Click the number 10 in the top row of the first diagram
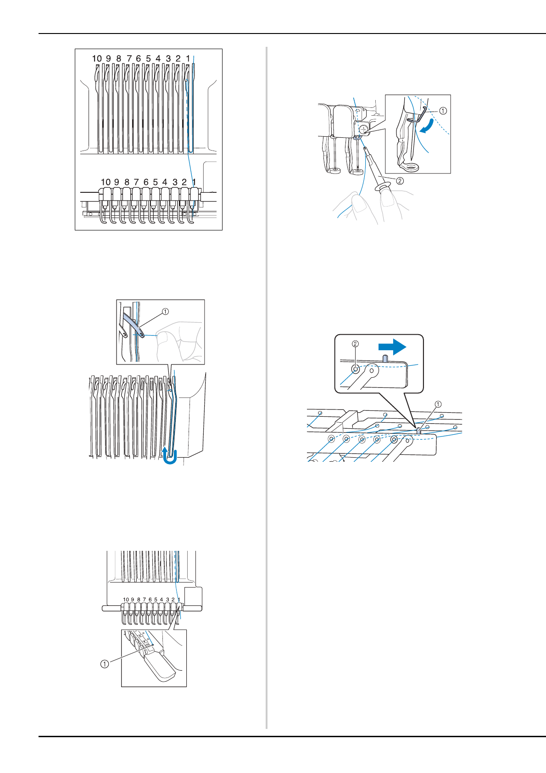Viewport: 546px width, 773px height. pyautogui.click(x=97, y=59)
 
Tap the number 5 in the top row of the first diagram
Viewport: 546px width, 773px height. pyautogui.click(x=148, y=59)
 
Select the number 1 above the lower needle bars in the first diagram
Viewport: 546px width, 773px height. pyautogui.click(x=194, y=182)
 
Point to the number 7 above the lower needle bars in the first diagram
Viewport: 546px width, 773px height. pyautogui.click(x=136, y=182)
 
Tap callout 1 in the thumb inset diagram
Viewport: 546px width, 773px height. pyautogui.click(x=165, y=312)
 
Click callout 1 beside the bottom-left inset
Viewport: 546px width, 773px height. pyautogui.click(x=105, y=664)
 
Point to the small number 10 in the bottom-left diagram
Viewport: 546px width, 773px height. pyautogui.click(x=126, y=599)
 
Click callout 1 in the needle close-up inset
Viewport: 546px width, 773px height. pyautogui.click(x=443, y=111)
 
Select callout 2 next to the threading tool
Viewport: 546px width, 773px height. pyautogui.click(x=400, y=180)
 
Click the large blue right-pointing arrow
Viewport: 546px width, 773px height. pyautogui.click(x=392, y=347)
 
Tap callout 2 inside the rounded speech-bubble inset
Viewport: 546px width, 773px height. pyautogui.click(x=355, y=344)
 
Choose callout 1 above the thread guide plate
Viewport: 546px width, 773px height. pyautogui.click(x=438, y=404)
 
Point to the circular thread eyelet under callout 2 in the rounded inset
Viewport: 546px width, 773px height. pyautogui.click(x=355, y=369)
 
